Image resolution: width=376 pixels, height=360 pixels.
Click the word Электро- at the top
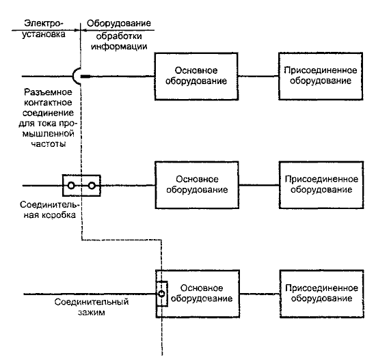tap(44, 23)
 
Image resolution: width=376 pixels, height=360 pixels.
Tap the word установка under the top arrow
tap(44, 34)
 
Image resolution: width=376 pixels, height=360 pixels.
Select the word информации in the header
tap(119, 46)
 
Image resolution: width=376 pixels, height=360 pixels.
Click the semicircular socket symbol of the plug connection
tap(73, 77)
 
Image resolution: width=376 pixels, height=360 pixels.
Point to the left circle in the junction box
tap(71, 186)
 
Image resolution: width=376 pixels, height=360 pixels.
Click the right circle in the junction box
tap(92, 186)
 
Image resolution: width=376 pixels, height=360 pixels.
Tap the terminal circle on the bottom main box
tap(161, 294)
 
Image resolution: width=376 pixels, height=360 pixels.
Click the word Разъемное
tap(48, 92)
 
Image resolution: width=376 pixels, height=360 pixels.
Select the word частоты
tap(49, 144)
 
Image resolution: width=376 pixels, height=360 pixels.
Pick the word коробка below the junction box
tap(59, 215)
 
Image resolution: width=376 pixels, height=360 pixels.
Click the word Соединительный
tap(92, 302)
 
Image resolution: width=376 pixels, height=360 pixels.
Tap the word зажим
tap(92, 313)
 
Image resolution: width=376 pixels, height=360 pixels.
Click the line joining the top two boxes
tap(258, 77)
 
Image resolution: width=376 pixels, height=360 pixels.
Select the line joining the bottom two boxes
tap(260, 294)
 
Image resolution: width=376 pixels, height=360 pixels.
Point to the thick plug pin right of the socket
tap(85, 77)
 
